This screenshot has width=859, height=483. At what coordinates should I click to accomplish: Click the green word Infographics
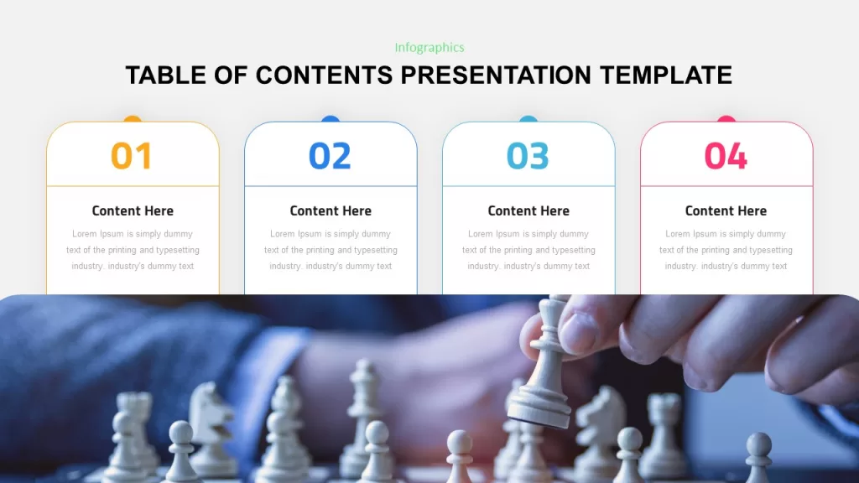(x=429, y=48)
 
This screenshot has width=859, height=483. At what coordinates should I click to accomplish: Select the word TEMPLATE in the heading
(x=666, y=75)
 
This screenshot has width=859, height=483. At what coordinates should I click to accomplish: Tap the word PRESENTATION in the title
(x=496, y=75)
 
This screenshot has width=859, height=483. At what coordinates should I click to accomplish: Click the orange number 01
(x=132, y=156)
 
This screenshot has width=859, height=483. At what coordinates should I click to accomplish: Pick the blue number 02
(x=330, y=156)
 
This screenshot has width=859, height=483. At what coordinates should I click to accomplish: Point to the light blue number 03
(x=528, y=156)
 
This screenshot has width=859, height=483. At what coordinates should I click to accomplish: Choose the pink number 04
(x=726, y=156)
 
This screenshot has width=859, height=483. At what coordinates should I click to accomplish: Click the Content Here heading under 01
(x=133, y=210)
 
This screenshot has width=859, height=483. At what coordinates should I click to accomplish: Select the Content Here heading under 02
(x=331, y=210)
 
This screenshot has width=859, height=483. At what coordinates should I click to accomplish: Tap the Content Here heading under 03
(x=528, y=210)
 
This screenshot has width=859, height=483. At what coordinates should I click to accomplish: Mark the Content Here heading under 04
(x=726, y=210)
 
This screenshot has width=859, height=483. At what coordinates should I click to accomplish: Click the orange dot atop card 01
(x=133, y=119)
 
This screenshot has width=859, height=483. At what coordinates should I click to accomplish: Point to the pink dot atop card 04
(x=726, y=119)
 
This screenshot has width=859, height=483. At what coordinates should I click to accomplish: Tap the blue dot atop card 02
(x=331, y=119)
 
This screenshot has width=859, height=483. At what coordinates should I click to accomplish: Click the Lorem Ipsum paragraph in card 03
(x=528, y=250)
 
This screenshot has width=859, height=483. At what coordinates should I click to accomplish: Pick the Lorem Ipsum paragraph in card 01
(x=133, y=250)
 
